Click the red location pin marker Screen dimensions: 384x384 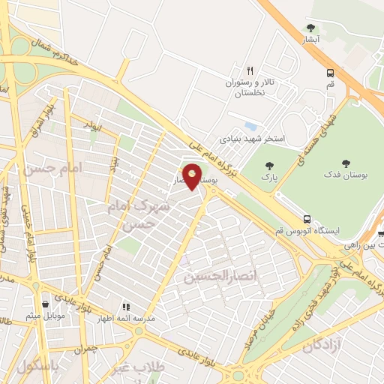[193, 177]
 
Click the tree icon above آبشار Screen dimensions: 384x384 [310, 28]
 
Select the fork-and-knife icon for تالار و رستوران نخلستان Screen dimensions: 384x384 [250, 69]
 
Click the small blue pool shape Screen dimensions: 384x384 [250, 126]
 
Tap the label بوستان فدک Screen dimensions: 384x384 [345, 175]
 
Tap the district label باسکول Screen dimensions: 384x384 [37, 368]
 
